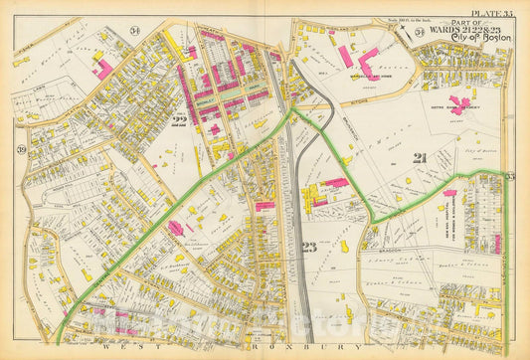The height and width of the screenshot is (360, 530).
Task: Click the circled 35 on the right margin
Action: [x=511, y=176]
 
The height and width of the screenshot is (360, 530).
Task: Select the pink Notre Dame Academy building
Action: [x=461, y=103]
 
